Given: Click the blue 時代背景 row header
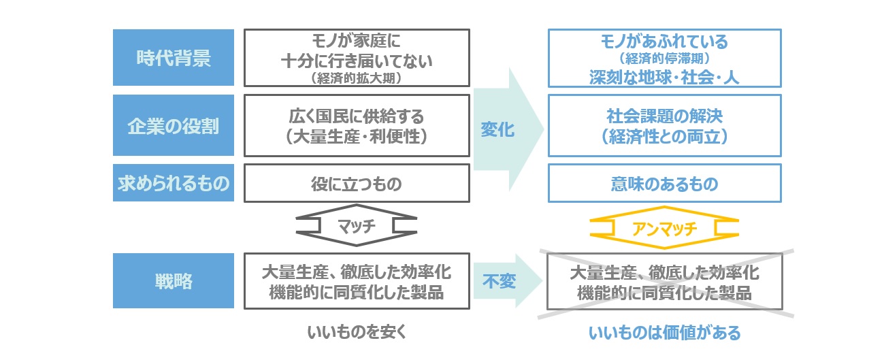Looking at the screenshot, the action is click(174, 57).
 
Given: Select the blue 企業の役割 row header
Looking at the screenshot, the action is click(174, 125).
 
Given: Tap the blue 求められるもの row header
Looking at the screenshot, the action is click(174, 183).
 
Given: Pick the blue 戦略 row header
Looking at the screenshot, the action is click(174, 280).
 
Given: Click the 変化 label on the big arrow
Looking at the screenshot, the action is click(497, 129).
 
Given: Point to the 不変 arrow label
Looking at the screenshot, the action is click(499, 282).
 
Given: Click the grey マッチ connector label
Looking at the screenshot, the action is click(357, 226).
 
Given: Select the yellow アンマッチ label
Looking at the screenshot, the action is click(665, 229).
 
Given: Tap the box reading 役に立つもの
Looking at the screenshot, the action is click(357, 183).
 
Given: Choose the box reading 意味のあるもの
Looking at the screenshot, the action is click(665, 183).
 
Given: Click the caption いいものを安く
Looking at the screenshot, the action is click(357, 332).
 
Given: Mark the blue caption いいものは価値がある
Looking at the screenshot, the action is click(665, 333).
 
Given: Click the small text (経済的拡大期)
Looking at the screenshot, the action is click(357, 78).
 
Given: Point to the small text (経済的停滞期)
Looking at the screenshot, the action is click(665, 59).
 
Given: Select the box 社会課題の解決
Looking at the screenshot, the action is click(665, 125).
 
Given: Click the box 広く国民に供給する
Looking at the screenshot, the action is click(357, 125).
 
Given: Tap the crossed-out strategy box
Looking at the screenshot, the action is click(665, 282).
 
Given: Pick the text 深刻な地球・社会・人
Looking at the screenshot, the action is click(665, 77).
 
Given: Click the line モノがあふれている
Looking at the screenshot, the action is click(665, 42).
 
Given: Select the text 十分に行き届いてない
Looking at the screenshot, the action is click(357, 61).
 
